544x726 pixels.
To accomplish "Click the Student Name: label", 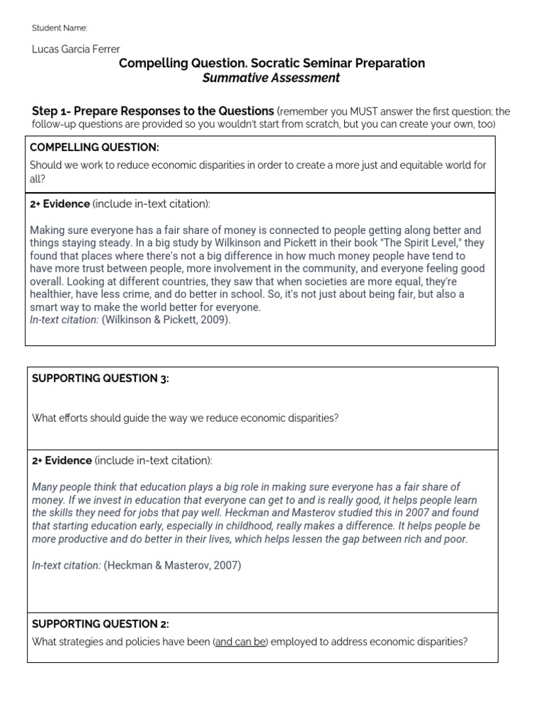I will pyautogui.click(x=59, y=28).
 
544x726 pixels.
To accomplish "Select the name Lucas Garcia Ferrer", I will pyautogui.click(x=76, y=49).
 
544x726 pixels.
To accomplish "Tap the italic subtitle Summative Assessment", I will pyautogui.click(x=271, y=78).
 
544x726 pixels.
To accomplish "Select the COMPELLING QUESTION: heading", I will pyautogui.click(x=94, y=147).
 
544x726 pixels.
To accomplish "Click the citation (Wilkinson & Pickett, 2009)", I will pyautogui.click(x=166, y=320).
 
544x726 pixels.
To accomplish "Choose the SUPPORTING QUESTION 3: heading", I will pyautogui.click(x=100, y=379).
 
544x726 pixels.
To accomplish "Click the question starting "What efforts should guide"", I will pyautogui.click(x=185, y=418).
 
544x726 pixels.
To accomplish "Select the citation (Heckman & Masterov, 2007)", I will pyautogui.click(x=172, y=566).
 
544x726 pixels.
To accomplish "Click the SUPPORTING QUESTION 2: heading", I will pyautogui.click(x=100, y=624).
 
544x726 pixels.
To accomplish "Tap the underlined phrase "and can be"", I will pyautogui.click(x=241, y=642).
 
